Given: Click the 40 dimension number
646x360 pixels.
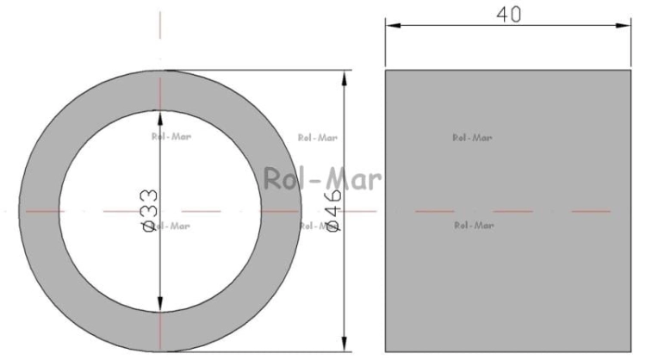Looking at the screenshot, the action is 508,15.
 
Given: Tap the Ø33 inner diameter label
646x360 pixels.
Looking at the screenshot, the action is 149,210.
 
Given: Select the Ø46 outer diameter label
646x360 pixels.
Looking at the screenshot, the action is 333,210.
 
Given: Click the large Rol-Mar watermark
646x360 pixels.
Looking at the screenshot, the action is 322,179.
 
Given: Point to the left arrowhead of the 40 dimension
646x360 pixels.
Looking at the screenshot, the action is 393,26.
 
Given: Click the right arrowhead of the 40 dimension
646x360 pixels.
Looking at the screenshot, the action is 623,26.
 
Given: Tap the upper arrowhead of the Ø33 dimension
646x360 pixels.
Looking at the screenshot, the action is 160,118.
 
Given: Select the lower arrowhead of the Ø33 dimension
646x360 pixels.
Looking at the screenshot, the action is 160,304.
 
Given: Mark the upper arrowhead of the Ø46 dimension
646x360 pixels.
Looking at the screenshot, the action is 345,78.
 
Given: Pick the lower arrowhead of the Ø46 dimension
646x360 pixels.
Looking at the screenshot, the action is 345,344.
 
